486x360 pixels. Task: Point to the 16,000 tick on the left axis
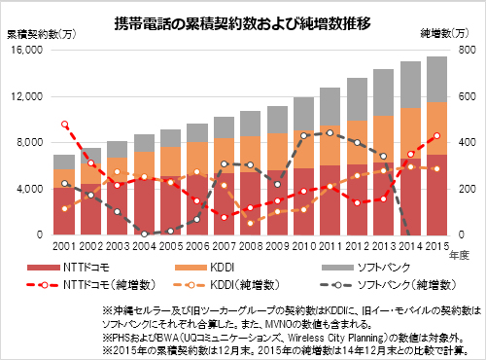click(x=25, y=52)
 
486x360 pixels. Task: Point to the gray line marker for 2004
click(x=144, y=234)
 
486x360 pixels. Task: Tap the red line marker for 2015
click(x=435, y=136)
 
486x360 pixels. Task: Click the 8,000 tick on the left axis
click(x=28, y=143)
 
